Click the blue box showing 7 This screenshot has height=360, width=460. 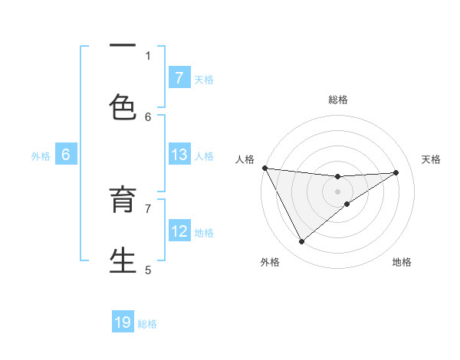179,78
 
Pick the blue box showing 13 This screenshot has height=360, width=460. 179,155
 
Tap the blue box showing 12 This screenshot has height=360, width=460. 179,231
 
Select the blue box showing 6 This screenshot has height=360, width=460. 66,155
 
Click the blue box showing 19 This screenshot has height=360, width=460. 123,323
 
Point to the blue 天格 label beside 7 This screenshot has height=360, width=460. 204,79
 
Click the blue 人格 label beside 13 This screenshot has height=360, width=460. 204,156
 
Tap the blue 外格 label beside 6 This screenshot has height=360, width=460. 41,156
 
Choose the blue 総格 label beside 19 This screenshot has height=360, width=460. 147,324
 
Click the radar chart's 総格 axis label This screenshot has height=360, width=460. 338,100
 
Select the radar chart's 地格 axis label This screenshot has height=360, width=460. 402,262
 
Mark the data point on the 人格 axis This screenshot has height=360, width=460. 264,168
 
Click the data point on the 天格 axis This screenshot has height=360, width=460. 396,172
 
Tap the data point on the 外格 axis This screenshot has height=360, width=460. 301,242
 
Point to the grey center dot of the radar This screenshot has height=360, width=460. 338,191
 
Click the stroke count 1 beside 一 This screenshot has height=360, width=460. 149,55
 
